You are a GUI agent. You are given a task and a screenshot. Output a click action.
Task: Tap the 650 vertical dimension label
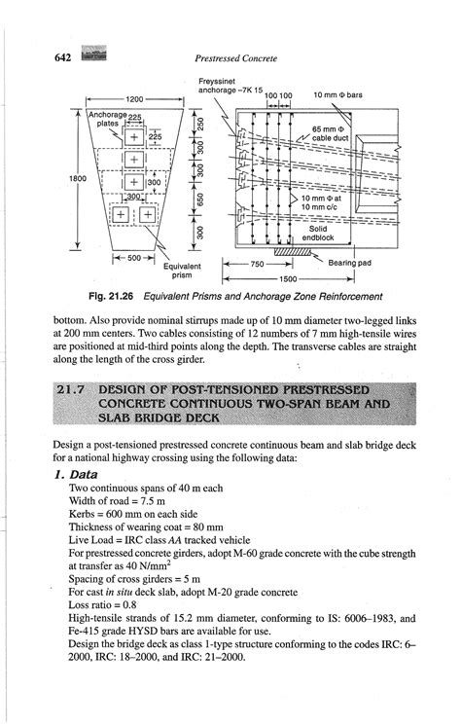pos(197,202)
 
